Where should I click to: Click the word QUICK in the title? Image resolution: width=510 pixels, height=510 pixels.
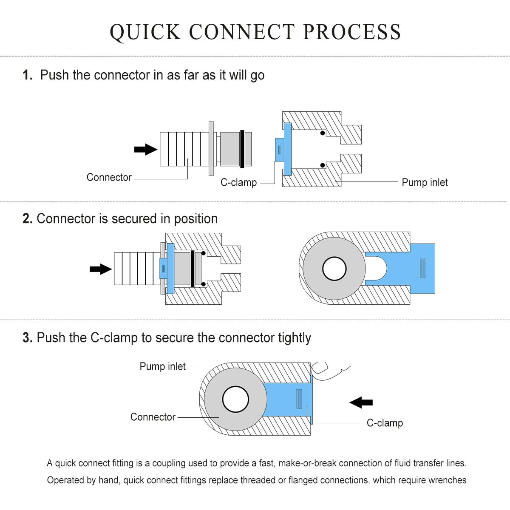[x=145, y=32]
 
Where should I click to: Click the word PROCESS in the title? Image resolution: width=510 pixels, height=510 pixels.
[x=352, y=32]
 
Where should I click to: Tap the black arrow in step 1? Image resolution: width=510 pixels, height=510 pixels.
[x=146, y=150]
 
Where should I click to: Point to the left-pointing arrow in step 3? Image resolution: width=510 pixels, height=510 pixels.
[x=361, y=402]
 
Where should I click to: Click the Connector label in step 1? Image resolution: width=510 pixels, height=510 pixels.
[x=109, y=177]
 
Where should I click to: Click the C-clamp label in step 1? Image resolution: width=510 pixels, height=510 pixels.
[x=239, y=182]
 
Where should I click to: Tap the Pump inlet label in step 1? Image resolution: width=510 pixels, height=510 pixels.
[x=425, y=182]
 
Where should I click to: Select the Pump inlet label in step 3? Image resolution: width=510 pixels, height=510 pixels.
[x=162, y=366]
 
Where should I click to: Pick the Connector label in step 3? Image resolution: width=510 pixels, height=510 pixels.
[x=153, y=417]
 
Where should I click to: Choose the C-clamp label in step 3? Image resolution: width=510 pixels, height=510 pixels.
[x=385, y=422]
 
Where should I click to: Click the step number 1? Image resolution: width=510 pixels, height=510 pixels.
[x=28, y=75]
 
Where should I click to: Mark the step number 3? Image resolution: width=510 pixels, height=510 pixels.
[x=28, y=337]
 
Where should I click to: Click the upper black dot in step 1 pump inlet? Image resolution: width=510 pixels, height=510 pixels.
[x=322, y=133]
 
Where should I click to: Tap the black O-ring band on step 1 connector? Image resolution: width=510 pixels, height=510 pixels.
[x=242, y=149]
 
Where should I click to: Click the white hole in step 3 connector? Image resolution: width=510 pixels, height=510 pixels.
[x=235, y=399]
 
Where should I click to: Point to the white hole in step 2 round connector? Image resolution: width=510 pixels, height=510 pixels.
[x=334, y=269]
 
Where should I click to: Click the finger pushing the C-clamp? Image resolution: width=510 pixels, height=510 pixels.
[x=328, y=371]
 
